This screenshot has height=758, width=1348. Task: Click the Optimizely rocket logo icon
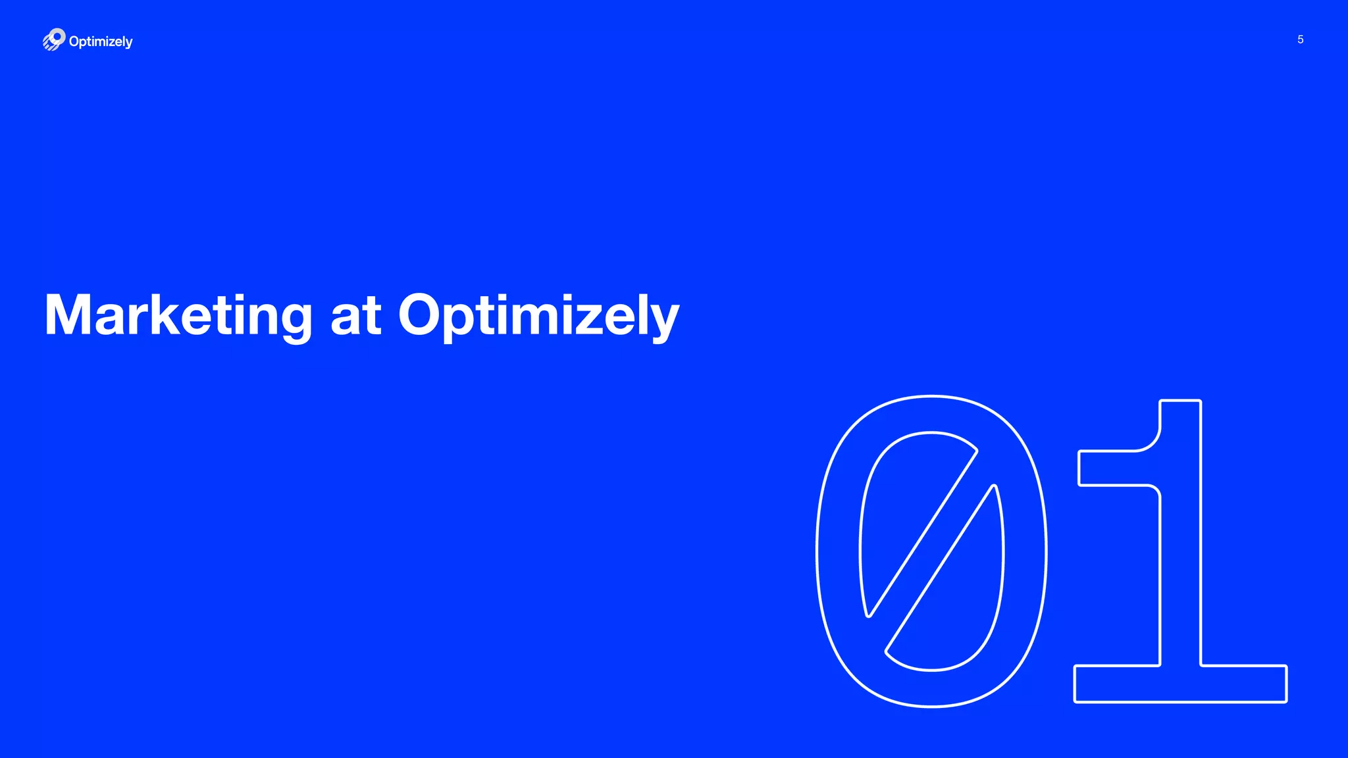pyautogui.click(x=54, y=39)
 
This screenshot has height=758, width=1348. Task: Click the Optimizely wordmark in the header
pyautogui.click(x=101, y=41)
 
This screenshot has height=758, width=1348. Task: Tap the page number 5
pyautogui.click(x=1300, y=39)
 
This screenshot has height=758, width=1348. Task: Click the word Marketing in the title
pyautogui.click(x=178, y=316)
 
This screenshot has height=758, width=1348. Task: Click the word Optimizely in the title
pyautogui.click(x=538, y=316)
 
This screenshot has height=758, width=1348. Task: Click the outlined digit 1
pyautogui.click(x=1180, y=553)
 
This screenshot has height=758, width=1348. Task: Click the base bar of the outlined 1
pyautogui.click(x=1180, y=684)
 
